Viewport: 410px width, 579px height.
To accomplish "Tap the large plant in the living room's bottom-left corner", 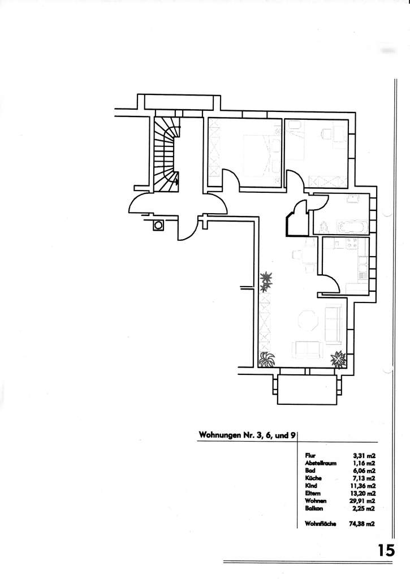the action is coord(267,358).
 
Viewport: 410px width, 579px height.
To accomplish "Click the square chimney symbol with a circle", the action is coord(159,225).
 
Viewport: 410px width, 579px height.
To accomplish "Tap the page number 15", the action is coord(387,550).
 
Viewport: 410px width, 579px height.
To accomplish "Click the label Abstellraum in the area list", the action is coord(320,463).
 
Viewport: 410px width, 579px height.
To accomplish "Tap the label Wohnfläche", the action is coord(320,524).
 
